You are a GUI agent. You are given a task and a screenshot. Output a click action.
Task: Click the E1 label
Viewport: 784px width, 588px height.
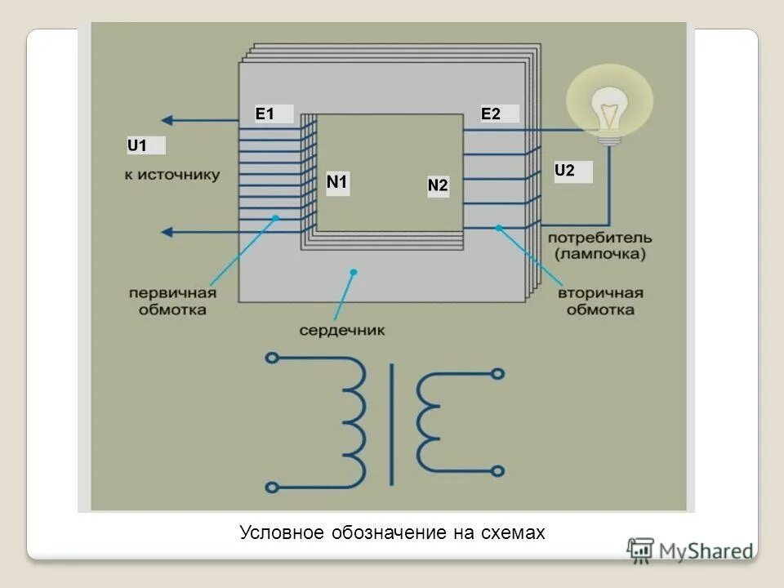tap(265, 114)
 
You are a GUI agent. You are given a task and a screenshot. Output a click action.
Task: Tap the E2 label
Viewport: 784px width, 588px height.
tap(491, 114)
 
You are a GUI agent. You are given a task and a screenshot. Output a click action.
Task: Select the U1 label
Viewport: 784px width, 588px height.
tap(137, 146)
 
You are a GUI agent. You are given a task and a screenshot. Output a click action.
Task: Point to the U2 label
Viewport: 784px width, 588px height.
tap(565, 171)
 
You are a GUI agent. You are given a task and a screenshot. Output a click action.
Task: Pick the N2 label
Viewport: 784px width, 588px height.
tap(438, 186)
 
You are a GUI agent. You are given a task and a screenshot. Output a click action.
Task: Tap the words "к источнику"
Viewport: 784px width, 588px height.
tap(172, 175)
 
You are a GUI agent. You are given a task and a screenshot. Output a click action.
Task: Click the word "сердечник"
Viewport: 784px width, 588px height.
tap(341, 331)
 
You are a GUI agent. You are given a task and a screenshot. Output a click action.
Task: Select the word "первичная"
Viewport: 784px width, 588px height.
tap(172, 294)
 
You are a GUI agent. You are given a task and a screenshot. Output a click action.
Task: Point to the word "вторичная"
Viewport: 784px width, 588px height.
tap(601, 293)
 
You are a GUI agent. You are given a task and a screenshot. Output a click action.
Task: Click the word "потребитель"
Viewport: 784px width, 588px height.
tap(600, 238)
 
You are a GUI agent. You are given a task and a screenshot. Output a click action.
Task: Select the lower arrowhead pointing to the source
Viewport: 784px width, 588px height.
tap(167, 232)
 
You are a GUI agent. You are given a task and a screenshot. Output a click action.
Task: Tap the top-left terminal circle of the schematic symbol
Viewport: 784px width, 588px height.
tap(273, 358)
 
